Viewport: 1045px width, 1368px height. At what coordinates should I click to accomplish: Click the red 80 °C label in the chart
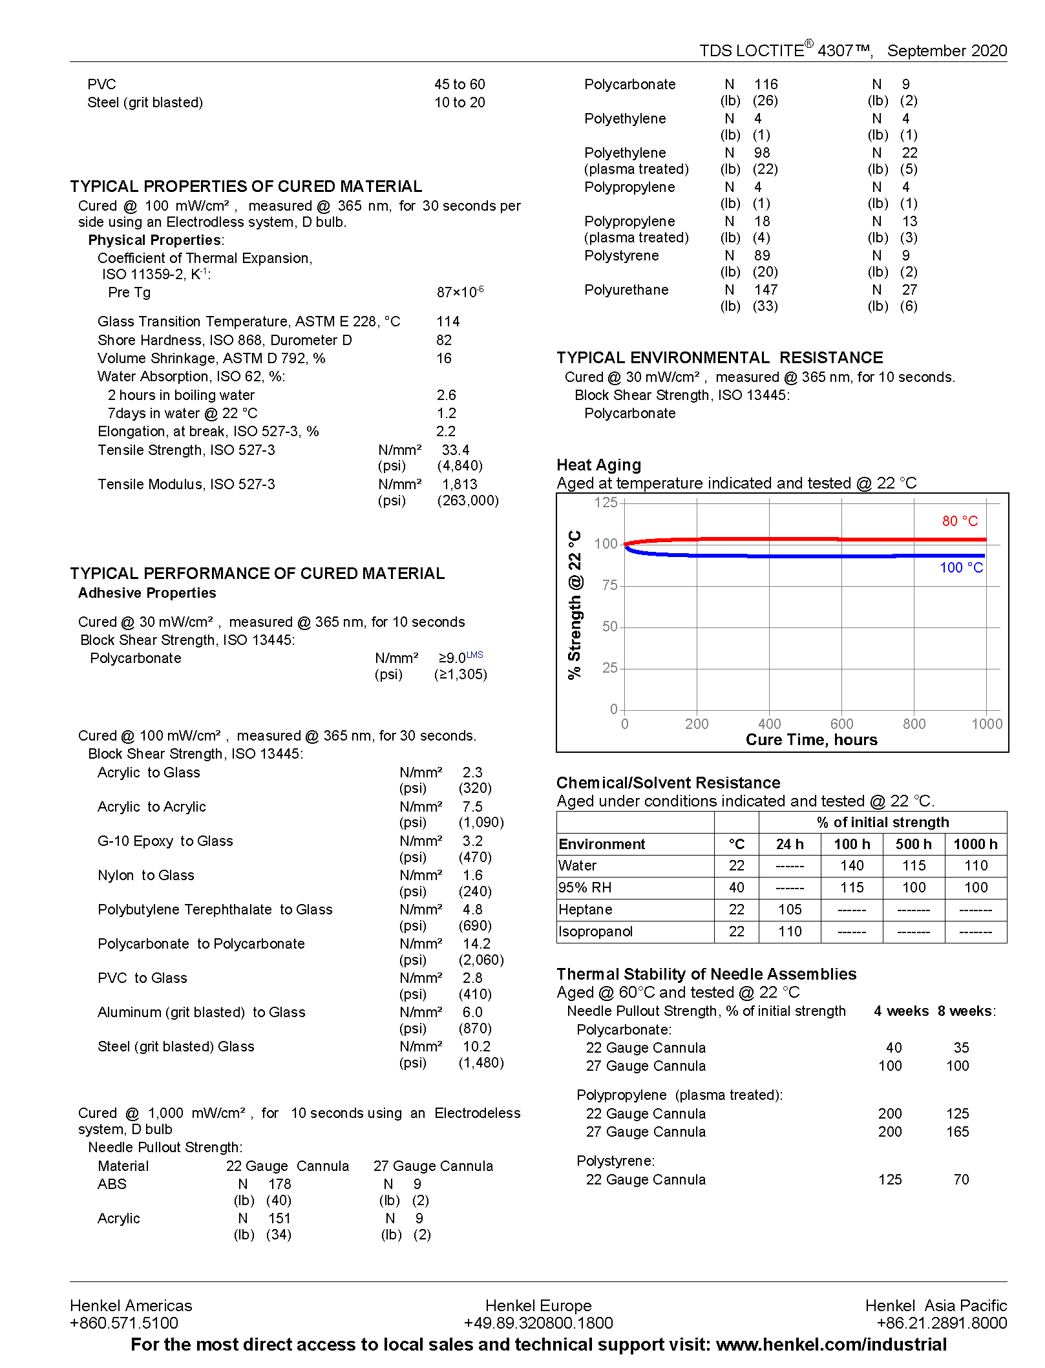[x=960, y=521]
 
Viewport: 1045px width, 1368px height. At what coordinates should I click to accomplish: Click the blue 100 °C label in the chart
[x=961, y=567]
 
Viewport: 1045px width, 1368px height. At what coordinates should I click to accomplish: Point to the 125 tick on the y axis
[x=606, y=503]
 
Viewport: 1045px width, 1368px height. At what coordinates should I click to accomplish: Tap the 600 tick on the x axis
[x=841, y=724]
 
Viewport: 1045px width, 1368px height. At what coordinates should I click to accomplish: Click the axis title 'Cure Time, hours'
[x=811, y=740]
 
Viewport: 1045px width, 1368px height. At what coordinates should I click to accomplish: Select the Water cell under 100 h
[x=852, y=866]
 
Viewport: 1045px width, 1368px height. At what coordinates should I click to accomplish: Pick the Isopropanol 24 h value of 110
[x=790, y=932]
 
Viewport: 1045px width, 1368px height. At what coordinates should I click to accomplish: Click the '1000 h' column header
[x=975, y=844]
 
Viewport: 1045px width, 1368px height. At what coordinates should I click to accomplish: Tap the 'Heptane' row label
[x=585, y=910]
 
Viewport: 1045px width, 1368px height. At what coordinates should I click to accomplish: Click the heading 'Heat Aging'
[x=598, y=465]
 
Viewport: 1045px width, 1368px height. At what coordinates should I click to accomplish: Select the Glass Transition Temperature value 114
[x=448, y=322]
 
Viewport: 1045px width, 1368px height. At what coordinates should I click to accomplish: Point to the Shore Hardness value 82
[x=444, y=341]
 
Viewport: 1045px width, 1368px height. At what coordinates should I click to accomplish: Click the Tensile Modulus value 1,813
[x=459, y=485]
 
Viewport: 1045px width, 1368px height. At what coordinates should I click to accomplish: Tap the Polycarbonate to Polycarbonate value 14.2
[x=476, y=944]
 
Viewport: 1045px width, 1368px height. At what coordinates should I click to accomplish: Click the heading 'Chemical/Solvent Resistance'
[x=668, y=783]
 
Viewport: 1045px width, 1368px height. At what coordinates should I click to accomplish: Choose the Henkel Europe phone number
[x=538, y=1323]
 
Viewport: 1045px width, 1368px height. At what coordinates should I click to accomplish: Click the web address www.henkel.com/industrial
[x=831, y=1345]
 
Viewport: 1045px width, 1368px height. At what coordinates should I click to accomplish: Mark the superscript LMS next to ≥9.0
[x=475, y=655]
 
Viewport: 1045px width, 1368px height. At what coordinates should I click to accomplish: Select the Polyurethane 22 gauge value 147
[x=766, y=290]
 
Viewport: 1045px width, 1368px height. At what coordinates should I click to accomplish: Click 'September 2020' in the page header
[x=947, y=51]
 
